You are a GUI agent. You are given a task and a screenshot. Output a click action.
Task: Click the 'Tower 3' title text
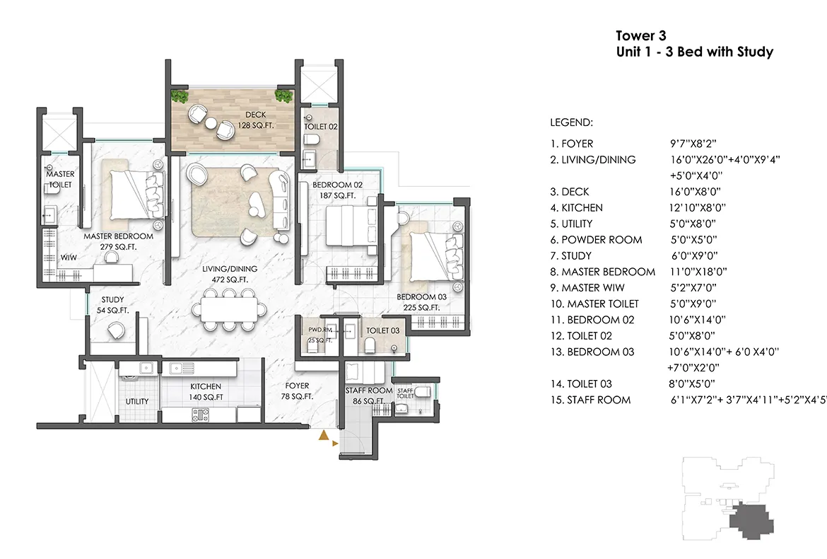(x=640, y=35)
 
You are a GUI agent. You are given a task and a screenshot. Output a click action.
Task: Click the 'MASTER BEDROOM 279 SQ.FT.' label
(x=119, y=242)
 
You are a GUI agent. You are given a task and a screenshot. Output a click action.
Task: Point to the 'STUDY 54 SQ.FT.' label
(x=112, y=305)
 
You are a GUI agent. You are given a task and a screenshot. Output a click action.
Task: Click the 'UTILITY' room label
(x=137, y=401)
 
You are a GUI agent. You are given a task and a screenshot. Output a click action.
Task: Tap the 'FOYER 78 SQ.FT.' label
(x=298, y=391)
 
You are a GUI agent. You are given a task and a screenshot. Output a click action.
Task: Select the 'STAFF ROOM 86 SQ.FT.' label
(x=368, y=396)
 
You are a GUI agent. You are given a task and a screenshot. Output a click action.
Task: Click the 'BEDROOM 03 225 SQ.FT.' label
(x=418, y=302)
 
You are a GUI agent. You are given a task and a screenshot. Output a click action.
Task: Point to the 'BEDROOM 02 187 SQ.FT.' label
(x=337, y=190)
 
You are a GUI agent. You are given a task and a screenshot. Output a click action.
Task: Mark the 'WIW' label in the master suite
(x=69, y=258)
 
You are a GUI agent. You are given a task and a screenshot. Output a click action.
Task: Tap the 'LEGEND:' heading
(x=571, y=122)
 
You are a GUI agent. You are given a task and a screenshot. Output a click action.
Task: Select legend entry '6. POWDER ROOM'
(x=596, y=240)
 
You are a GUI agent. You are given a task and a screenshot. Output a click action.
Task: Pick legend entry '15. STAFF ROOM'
(x=591, y=400)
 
